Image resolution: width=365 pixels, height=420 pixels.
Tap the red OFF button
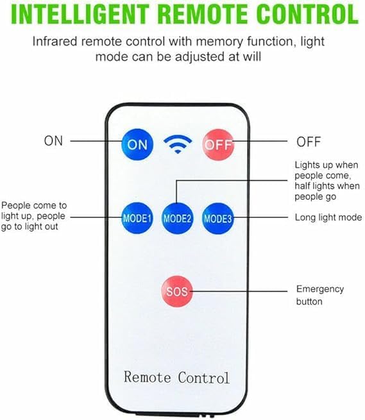(218, 145)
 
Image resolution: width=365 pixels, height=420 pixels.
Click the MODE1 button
(137, 218)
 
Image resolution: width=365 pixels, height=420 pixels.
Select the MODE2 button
(177, 219)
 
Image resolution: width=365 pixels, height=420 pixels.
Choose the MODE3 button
(217, 219)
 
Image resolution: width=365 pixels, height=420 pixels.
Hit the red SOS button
(177, 291)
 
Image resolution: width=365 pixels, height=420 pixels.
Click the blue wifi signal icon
(178, 144)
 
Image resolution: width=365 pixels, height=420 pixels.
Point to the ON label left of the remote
(53, 141)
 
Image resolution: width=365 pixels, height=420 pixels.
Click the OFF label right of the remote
(309, 142)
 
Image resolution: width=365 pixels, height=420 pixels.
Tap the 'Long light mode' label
(328, 217)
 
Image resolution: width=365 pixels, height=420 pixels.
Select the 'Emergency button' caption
(320, 295)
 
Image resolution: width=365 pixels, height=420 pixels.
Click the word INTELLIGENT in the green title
(80, 14)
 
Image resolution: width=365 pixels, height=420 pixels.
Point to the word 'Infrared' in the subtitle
(55, 42)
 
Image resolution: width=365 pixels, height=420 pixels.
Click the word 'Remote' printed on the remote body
(147, 377)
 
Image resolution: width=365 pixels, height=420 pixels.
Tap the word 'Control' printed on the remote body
(204, 378)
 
